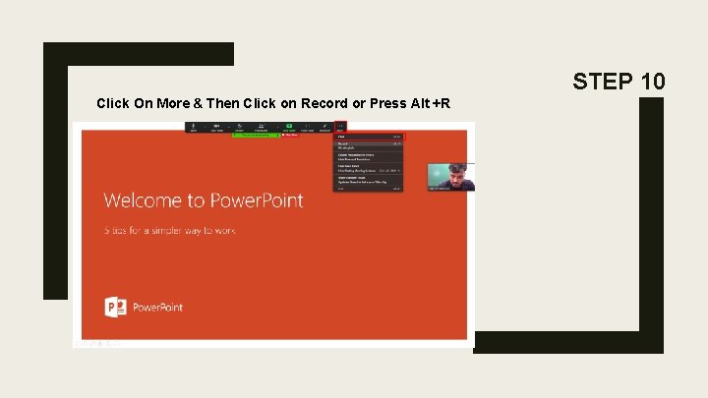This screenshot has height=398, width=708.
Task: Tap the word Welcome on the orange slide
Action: point(153,200)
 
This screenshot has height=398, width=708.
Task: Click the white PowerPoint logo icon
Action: point(116,307)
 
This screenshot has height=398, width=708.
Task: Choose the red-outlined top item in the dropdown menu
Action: point(369,137)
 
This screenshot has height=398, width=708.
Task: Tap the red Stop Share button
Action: point(289,136)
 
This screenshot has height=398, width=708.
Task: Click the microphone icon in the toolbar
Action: point(193,127)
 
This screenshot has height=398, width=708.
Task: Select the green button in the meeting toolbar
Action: point(290,127)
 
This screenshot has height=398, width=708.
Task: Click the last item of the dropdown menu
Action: point(369,188)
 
